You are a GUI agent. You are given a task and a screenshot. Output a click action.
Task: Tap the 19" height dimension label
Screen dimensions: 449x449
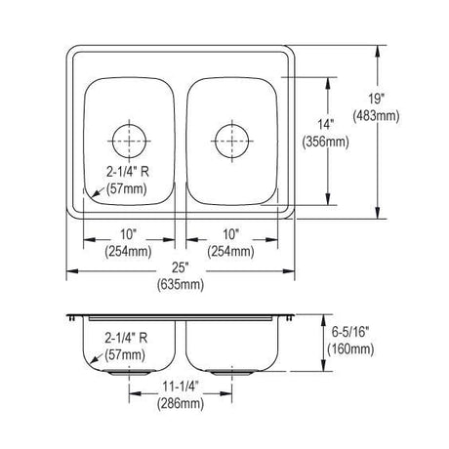377,98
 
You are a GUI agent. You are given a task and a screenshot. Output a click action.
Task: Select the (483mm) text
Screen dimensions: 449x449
377,116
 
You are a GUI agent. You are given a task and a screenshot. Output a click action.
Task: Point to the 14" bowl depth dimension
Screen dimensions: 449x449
326,124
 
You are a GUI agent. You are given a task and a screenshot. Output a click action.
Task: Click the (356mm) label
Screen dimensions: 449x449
326,143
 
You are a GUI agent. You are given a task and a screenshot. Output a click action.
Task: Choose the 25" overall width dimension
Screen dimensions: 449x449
181,267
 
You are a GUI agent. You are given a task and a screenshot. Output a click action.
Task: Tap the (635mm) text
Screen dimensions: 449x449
181,285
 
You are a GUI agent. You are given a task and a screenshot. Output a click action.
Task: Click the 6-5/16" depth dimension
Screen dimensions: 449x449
350,332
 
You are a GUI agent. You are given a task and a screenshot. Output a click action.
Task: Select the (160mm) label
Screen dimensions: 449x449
350,349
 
